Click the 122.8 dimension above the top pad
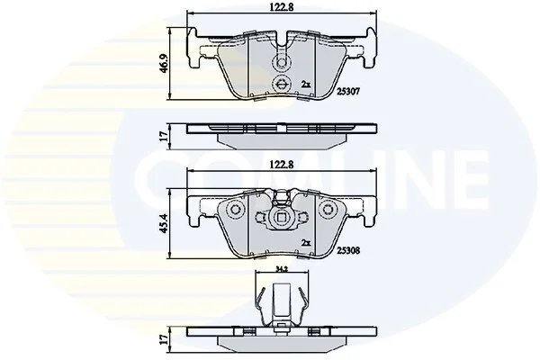click(282, 7)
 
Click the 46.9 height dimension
click(165, 64)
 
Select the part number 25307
click(348, 91)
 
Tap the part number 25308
click(348, 250)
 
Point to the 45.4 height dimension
click(165, 223)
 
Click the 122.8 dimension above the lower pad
click(282, 165)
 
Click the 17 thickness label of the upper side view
click(165, 136)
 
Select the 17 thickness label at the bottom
click(165, 339)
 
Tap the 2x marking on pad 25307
click(306, 84)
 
